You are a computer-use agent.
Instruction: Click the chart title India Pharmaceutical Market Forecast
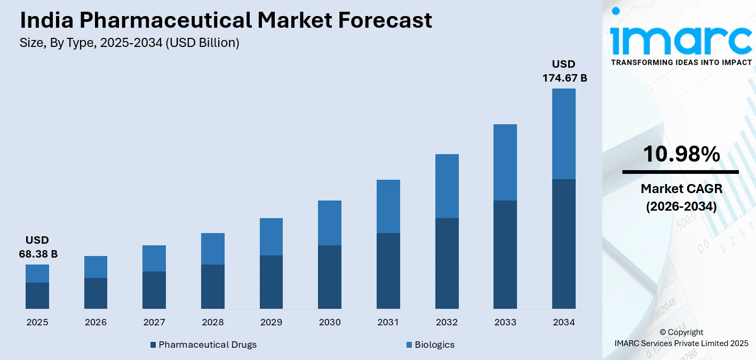tap(226, 20)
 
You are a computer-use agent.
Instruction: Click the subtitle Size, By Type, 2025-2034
tap(129, 43)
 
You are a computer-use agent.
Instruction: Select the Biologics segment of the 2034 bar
tap(563, 133)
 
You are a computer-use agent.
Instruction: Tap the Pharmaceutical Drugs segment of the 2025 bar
tap(37, 295)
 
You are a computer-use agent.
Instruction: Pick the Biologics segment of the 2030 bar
tap(330, 223)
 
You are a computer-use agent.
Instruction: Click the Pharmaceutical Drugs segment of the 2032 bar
tap(447, 263)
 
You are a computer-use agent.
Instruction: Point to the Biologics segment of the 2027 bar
tap(154, 258)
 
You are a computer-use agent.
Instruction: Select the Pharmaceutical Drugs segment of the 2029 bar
tap(271, 282)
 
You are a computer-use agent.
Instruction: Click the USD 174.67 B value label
tap(564, 71)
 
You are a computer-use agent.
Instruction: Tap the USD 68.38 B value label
tap(38, 247)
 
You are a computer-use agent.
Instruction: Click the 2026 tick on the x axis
tap(96, 322)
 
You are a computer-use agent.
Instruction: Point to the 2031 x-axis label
tap(388, 322)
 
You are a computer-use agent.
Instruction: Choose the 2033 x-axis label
tap(505, 322)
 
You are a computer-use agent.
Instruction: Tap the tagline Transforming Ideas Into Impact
tap(681, 62)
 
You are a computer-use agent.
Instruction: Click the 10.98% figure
tap(681, 154)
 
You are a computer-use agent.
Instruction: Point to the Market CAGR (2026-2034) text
tap(681, 197)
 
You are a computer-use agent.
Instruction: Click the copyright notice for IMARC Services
tap(681, 338)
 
